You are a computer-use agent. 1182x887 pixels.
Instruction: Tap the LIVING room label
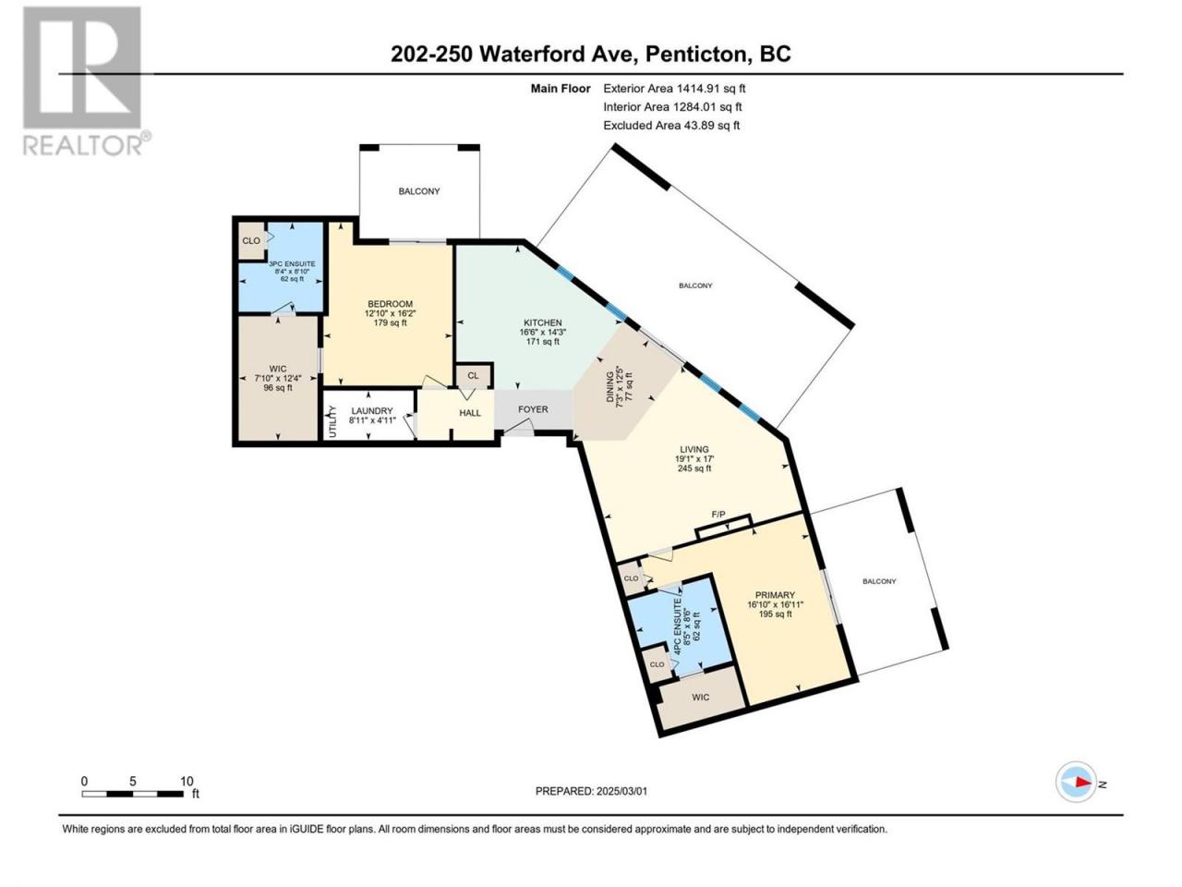[x=694, y=449]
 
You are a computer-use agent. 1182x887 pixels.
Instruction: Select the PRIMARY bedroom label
[x=775, y=595]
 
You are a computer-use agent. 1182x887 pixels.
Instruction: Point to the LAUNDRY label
[x=371, y=411]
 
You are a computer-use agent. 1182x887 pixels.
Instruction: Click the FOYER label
[x=533, y=409]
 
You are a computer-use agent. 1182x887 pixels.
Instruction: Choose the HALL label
[x=470, y=413]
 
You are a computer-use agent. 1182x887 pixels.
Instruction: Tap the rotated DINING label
[x=610, y=387]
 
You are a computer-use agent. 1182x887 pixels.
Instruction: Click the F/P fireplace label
[x=718, y=515]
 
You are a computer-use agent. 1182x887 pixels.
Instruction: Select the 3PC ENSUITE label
[x=292, y=264]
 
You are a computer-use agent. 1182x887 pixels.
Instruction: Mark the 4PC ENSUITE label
[x=678, y=626]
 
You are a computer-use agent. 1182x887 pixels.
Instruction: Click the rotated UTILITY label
[x=332, y=421]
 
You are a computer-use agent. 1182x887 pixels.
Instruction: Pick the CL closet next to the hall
[x=473, y=376]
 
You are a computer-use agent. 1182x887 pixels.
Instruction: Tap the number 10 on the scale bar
[x=187, y=782]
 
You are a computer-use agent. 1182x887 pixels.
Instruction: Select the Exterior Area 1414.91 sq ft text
[x=674, y=89]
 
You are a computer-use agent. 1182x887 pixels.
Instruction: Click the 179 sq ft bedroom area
[x=390, y=323]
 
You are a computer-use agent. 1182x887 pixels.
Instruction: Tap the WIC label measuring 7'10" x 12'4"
[x=278, y=369]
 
